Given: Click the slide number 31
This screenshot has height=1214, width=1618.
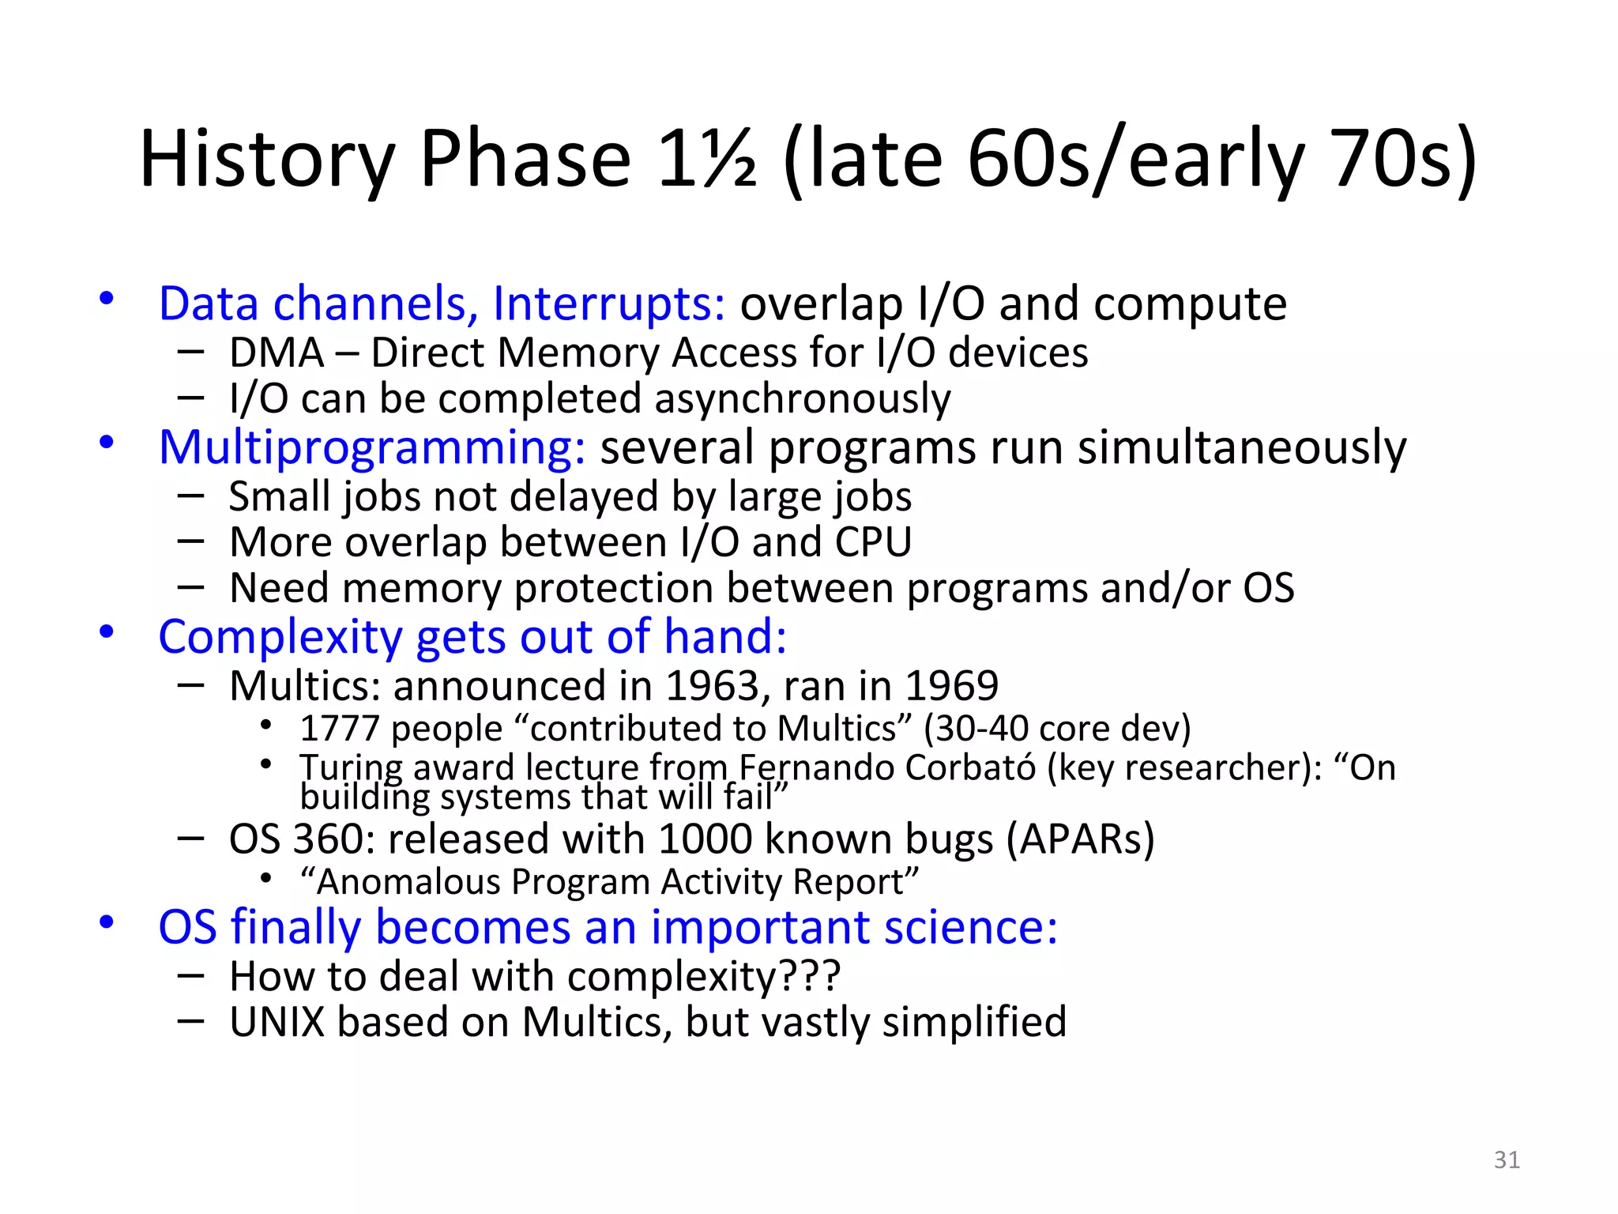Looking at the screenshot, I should tap(1507, 1159).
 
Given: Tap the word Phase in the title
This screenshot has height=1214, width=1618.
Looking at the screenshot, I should tap(525, 160).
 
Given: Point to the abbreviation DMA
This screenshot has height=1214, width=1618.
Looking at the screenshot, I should tap(277, 353).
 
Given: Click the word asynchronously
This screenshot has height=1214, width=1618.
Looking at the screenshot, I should tap(802, 399).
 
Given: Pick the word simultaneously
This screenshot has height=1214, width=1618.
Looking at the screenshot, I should tap(1242, 448).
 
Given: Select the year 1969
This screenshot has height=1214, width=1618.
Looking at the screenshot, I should tap(951, 686).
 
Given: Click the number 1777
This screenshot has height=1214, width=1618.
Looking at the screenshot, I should tap(340, 729).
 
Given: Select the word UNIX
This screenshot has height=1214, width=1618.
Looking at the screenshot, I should tap(277, 1023).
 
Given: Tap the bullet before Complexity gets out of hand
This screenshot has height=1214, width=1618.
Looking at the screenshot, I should tap(107, 633).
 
